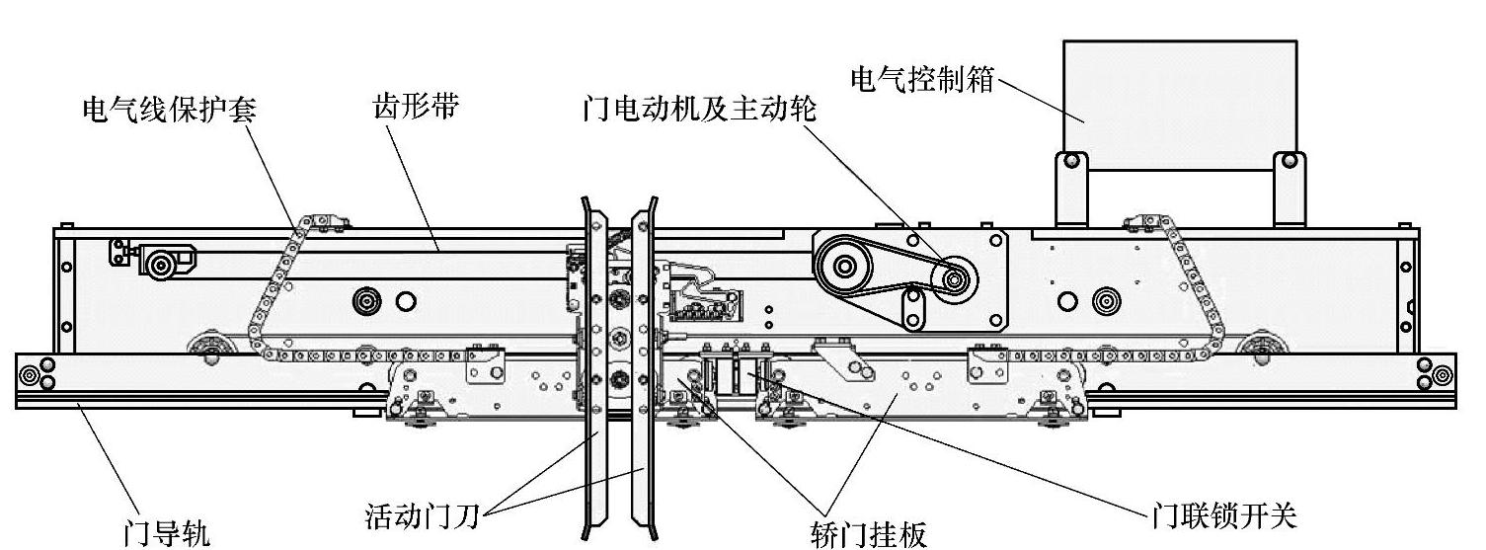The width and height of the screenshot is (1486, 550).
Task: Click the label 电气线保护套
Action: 169,108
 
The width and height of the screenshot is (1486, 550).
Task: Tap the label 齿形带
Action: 416,108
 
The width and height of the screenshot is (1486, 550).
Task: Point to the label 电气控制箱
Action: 924,77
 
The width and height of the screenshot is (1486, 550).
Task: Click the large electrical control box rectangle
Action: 1179,104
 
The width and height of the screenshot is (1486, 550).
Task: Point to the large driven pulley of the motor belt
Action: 845,266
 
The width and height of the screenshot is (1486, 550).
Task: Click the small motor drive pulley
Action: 954,277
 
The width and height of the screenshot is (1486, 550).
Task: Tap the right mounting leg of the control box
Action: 1286,190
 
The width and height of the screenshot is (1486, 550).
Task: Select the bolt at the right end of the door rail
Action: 1443,375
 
